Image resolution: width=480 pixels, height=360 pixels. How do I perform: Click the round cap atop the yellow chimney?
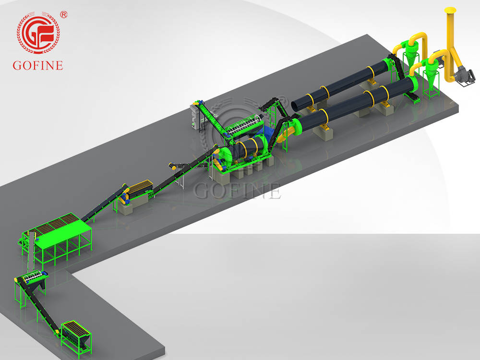point(450,10)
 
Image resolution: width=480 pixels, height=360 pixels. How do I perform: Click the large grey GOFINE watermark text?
point(237,191)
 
